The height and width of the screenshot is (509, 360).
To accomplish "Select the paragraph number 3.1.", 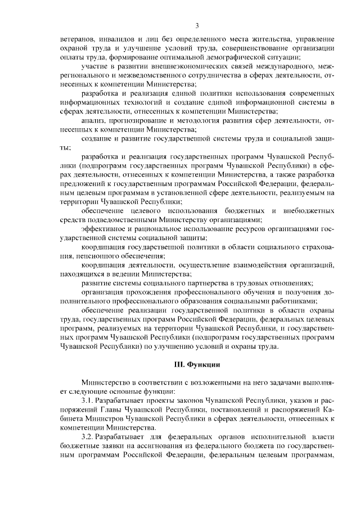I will click(87, 400).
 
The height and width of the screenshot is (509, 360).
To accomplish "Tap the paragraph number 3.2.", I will click(87, 436).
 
